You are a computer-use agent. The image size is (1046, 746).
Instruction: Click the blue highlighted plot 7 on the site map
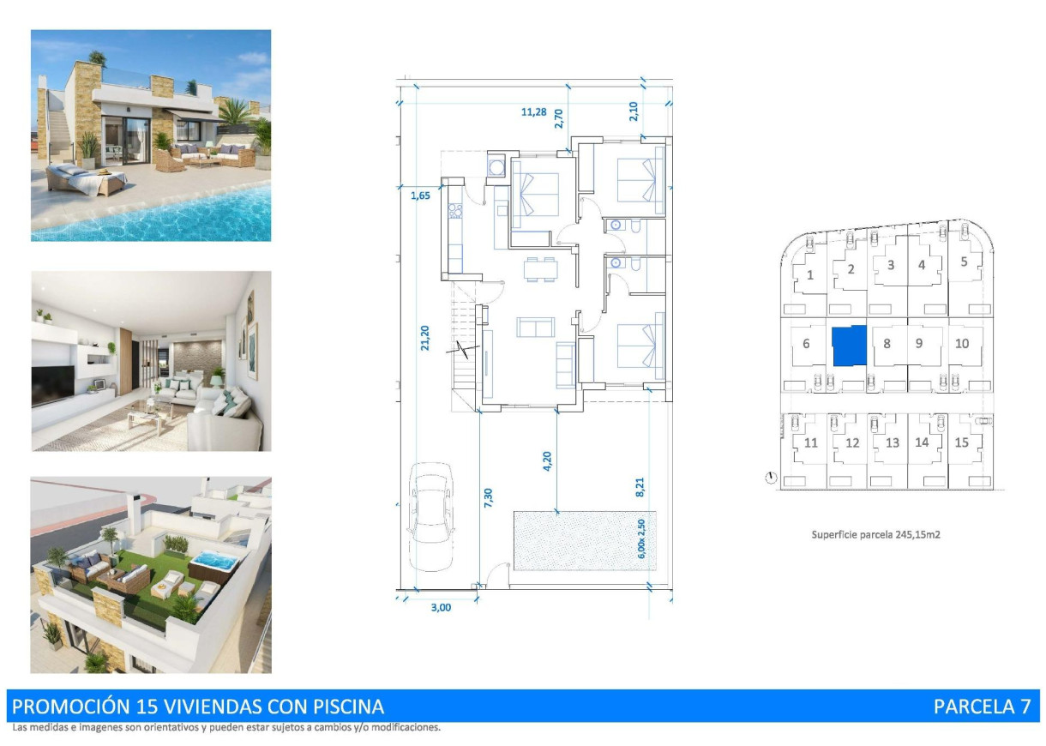coord(850,346)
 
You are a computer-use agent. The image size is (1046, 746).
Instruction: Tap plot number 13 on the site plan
coord(893,442)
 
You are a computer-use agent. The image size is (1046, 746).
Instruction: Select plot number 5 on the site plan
coord(964,262)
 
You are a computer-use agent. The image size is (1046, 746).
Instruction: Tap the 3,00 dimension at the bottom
coord(440,607)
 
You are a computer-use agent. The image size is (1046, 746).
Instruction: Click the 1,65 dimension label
coord(420,195)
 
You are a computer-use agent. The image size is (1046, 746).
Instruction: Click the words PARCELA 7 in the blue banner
coord(982,707)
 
